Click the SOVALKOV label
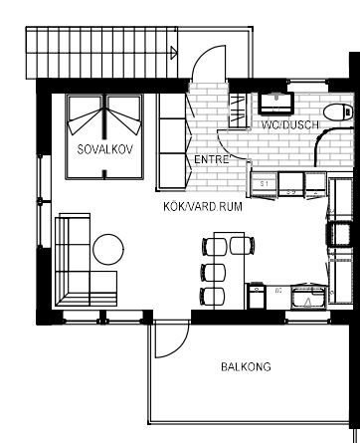pos(105,149)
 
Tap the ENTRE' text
pos(212,159)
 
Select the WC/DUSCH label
pos(290,124)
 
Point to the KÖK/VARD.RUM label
pos(203,206)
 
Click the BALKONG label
pos(246,366)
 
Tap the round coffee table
pos(108,249)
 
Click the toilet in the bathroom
pos(338,112)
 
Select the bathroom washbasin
pos(276,103)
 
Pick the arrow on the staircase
pos(174,53)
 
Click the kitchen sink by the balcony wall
pos(307,297)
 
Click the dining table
pos(230,271)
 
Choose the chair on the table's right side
pos(242,246)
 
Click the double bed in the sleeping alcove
pos(104,136)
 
